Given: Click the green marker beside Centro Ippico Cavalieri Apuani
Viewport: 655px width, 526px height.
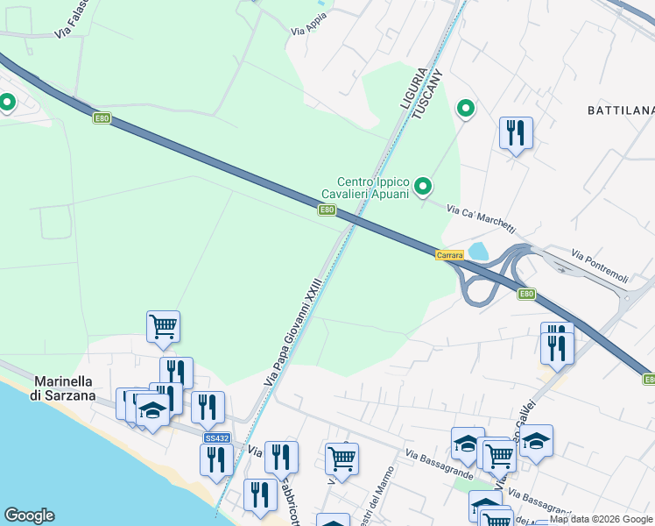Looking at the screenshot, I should (x=424, y=186).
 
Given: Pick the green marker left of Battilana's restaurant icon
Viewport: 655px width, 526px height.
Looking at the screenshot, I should (x=467, y=109).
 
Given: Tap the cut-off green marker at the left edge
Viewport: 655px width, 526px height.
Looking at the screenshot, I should (x=7, y=103).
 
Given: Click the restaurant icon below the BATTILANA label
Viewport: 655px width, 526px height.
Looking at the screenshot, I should (x=516, y=133).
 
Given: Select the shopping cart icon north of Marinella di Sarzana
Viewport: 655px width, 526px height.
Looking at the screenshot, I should (x=163, y=327).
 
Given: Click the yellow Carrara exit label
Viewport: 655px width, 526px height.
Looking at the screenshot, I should (x=449, y=254).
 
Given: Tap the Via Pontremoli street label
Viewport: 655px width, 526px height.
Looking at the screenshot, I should (x=600, y=266).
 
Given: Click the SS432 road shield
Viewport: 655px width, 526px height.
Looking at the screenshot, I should (x=216, y=437).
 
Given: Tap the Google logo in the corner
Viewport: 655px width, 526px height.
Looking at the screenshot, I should (x=29, y=515).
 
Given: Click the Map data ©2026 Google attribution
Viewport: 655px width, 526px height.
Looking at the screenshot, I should (x=601, y=520).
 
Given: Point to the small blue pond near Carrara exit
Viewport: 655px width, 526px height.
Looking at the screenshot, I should (x=479, y=252).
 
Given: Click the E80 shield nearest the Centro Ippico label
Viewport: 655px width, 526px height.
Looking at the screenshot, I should (x=327, y=210).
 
